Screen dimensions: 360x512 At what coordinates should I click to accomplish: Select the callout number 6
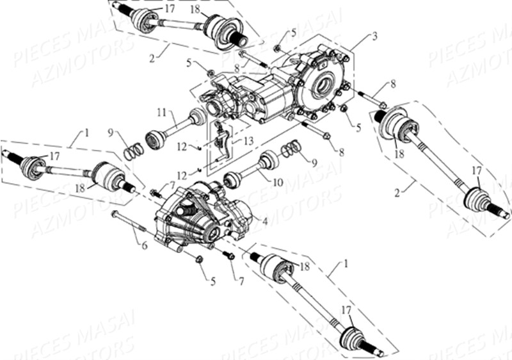coord(145,245)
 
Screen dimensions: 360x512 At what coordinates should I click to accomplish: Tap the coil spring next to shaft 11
coord(132,152)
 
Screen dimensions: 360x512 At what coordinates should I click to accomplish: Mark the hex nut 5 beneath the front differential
coord(198,259)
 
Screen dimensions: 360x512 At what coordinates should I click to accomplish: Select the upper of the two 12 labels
coord(182,147)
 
